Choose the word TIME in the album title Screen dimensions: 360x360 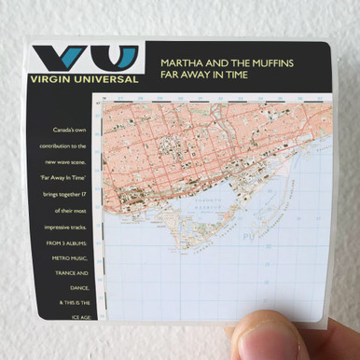pyautogui.click(x=234, y=76)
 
